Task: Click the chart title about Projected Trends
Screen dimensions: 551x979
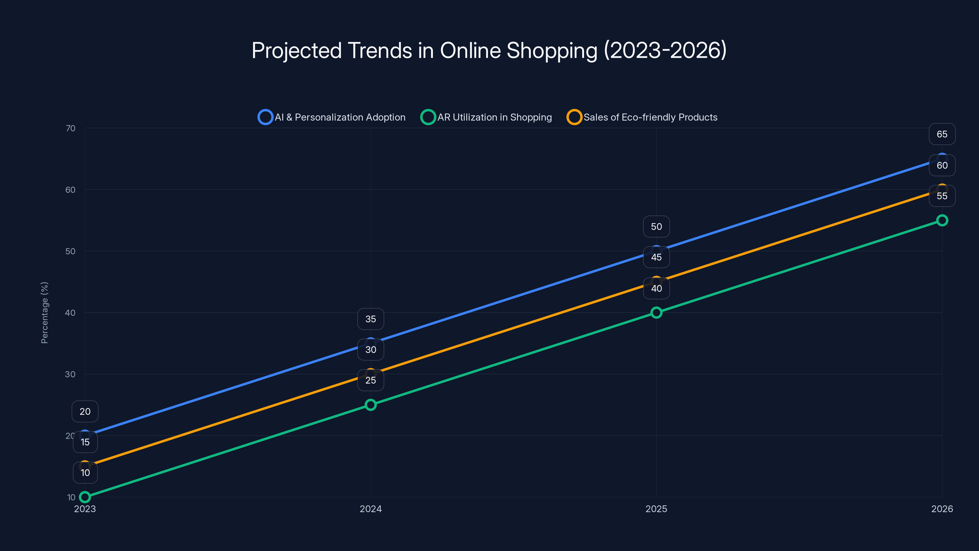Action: (489, 51)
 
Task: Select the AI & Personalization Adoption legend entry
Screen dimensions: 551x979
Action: (332, 117)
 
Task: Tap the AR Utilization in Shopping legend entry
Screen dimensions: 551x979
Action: (486, 117)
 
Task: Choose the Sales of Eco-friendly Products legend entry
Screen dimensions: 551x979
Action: (642, 117)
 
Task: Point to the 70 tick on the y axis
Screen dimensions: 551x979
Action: (70, 128)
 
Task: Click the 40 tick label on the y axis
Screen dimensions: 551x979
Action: (70, 313)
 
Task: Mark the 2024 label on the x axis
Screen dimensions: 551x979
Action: (370, 509)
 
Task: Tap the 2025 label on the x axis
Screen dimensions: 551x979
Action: (656, 509)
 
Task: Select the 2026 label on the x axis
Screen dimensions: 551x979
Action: (942, 509)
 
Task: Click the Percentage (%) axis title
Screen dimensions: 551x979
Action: (44, 313)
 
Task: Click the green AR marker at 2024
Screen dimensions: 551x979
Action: (370, 405)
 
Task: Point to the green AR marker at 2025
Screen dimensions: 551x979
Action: (656, 313)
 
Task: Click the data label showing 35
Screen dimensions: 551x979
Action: (370, 319)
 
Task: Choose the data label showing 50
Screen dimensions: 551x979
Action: (656, 227)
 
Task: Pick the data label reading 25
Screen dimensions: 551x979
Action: (370, 380)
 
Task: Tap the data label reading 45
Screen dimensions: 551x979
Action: (656, 257)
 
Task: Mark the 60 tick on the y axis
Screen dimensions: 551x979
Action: (70, 190)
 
